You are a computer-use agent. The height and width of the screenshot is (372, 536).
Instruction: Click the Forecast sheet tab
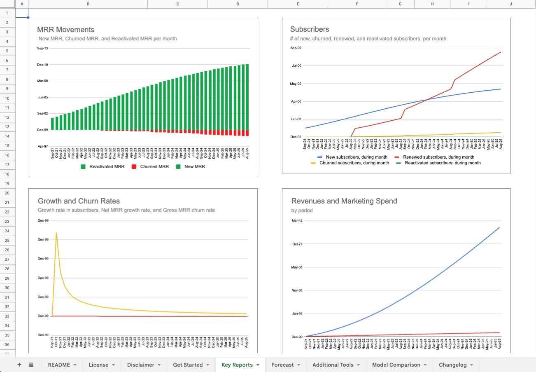click(282, 365)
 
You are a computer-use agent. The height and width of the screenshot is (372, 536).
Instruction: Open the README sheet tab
click(59, 365)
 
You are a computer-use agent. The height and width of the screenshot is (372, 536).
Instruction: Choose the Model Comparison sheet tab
click(396, 365)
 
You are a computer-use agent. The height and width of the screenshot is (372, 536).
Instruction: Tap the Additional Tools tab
click(333, 365)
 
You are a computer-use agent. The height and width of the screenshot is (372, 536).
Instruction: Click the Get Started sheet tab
click(188, 365)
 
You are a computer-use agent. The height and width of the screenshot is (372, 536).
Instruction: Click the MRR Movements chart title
click(65, 30)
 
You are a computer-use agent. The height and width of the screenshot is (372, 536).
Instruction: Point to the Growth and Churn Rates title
click(79, 201)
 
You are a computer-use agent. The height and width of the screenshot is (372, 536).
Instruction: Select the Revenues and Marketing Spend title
click(344, 201)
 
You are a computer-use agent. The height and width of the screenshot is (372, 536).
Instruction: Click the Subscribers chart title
click(309, 29)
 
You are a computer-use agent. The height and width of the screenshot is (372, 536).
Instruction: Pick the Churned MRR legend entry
click(154, 167)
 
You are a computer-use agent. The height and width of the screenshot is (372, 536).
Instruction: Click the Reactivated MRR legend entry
click(107, 167)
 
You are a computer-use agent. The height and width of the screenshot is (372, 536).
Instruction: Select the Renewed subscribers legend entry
click(438, 157)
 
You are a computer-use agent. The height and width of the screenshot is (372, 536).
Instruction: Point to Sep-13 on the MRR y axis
click(42, 49)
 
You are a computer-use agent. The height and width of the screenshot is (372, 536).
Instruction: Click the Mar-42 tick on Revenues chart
click(297, 220)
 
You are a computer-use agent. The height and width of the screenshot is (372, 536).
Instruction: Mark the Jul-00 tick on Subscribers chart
click(296, 66)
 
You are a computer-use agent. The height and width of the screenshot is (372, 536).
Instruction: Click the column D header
click(238, 4)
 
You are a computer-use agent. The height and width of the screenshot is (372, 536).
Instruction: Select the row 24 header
click(7, 231)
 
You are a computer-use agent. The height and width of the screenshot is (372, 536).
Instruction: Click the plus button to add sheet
click(19, 365)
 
